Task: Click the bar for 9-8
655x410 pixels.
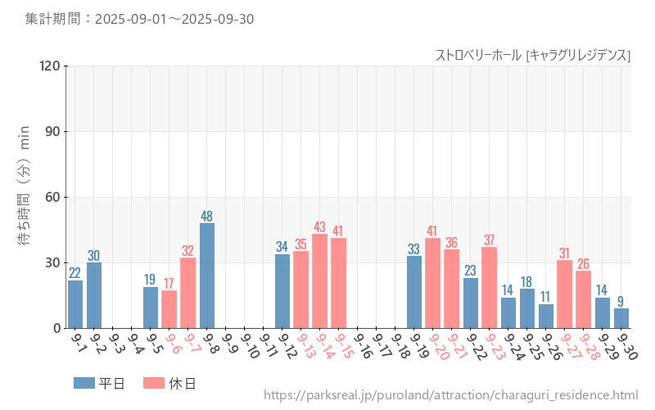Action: tap(207, 276)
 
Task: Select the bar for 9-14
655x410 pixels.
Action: tap(319, 281)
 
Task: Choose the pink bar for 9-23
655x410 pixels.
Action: tap(490, 288)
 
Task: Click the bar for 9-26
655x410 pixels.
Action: tap(546, 316)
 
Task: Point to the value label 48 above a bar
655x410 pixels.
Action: tap(207, 216)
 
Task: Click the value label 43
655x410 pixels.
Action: tap(319, 227)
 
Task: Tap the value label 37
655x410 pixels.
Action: tap(490, 240)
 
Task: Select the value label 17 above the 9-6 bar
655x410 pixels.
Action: tap(169, 284)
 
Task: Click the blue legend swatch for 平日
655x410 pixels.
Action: tap(84, 383)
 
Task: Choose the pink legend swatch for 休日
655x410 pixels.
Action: tap(153, 383)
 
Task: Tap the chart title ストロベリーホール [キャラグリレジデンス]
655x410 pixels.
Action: tap(532, 55)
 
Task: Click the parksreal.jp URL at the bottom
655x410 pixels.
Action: tap(450, 395)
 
